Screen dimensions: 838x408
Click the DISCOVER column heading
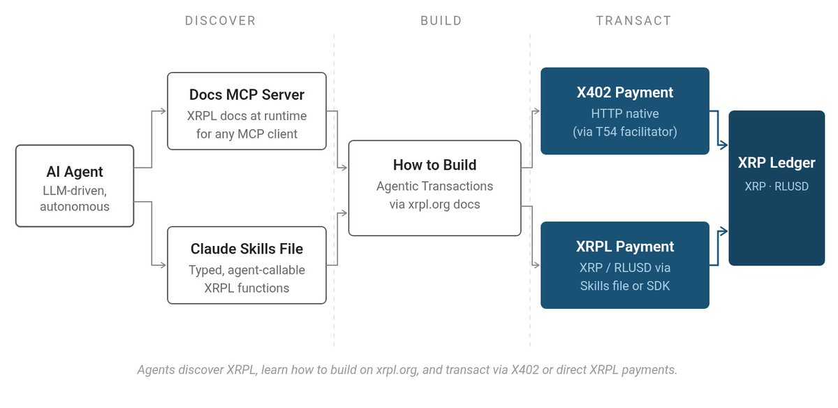(221, 20)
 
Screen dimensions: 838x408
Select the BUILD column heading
(441, 20)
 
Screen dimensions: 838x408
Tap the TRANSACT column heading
(634, 20)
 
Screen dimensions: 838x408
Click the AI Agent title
(75, 172)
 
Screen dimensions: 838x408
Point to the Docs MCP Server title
(247, 95)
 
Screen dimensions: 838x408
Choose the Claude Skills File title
(247, 249)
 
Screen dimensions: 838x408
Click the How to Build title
(434, 165)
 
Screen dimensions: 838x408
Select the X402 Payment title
(625, 92)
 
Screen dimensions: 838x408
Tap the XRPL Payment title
(625, 247)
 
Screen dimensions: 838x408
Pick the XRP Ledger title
(777, 163)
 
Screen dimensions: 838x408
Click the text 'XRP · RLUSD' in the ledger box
(777, 186)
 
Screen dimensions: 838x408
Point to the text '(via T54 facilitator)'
(625, 132)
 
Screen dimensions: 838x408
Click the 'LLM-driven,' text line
(75, 191)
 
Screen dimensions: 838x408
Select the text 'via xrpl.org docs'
(434, 205)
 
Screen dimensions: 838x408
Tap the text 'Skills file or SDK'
(625, 286)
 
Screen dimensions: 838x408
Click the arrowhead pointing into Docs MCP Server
(163, 111)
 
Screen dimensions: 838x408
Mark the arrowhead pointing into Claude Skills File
(163, 265)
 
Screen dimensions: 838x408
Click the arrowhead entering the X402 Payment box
(536, 111)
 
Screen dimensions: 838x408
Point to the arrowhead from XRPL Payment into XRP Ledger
(724, 231)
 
